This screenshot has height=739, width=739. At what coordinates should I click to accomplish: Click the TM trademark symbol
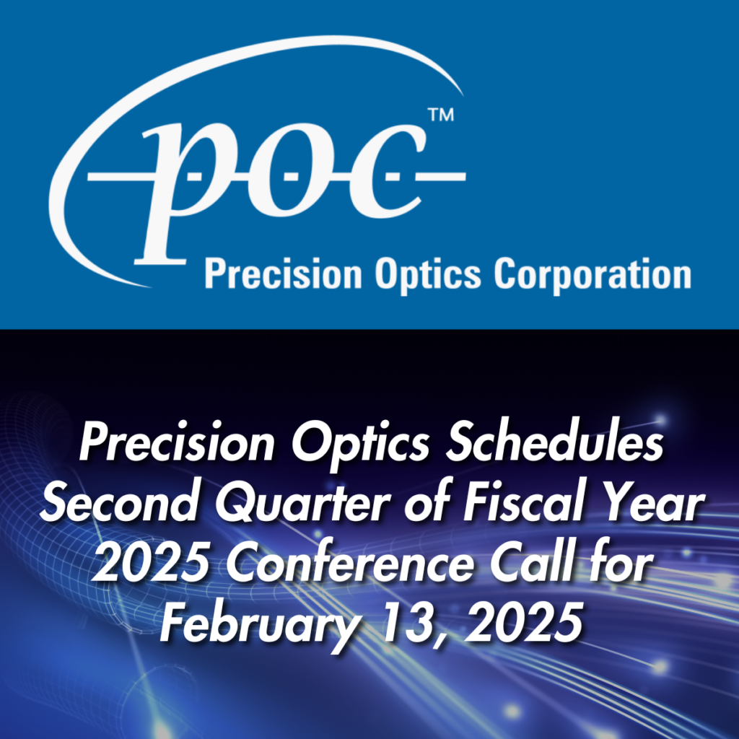(x=440, y=115)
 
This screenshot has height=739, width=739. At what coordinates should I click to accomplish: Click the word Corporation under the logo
(x=592, y=275)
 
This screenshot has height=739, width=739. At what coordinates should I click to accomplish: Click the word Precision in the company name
(x=283, y=274)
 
